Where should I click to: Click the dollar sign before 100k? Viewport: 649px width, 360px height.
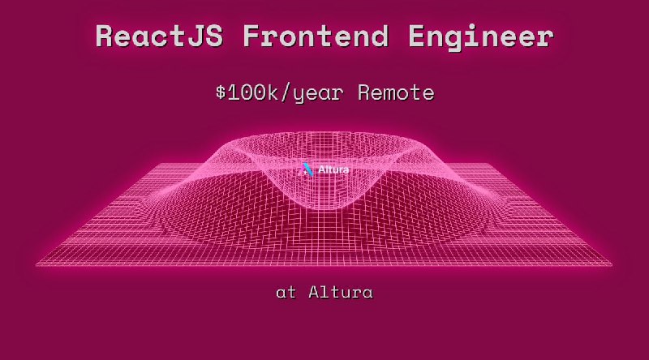coord(220,93)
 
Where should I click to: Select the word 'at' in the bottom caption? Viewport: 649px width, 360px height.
coord(286,292)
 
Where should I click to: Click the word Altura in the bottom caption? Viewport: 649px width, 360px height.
coord(341,292)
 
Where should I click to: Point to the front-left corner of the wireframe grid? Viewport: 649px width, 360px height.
coord(37,264)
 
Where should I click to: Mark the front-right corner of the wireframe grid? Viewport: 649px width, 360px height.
coord(612,264)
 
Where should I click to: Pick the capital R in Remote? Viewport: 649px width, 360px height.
coord(364,93)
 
